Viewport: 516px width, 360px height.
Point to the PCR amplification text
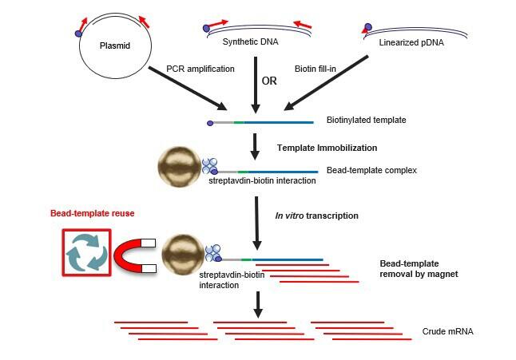coord(200,69)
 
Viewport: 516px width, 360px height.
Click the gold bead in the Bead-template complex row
coord(181,168)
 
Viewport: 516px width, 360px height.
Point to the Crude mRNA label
coord(447,330)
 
